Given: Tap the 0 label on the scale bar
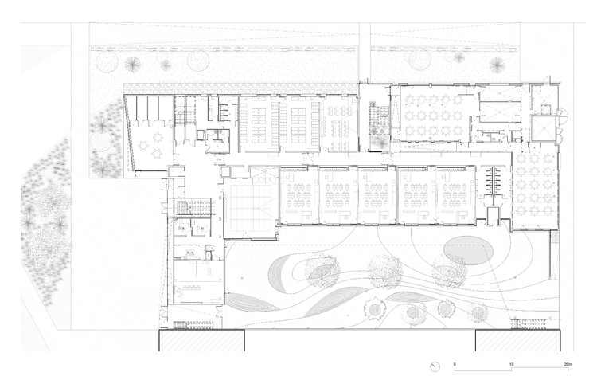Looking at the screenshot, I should (455, 363).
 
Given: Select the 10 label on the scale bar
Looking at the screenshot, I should (511, 363).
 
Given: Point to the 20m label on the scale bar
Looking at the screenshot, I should (568, 363).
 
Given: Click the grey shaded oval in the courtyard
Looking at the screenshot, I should (471, 249).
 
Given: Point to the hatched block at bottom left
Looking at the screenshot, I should (201, 340).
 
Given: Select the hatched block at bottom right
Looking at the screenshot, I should (518, 340).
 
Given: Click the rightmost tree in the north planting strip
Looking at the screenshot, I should (497, 65).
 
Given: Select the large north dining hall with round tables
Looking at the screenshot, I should (435, 115).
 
